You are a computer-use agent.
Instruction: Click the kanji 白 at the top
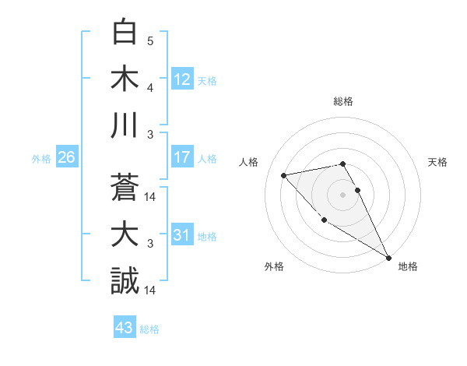(x=125, y=33)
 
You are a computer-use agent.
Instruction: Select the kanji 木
(x=125, y=79)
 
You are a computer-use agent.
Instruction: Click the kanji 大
(x=125, y=234)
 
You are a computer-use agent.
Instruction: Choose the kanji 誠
(x=125, y=280)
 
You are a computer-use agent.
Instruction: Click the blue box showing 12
(x=181, y=79)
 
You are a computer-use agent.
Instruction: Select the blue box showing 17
(x=181, y=157)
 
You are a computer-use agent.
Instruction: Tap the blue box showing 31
(x=181, y=235)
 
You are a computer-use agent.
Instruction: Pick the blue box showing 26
(x=66, y=157)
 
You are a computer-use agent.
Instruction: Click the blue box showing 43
(x=124, y=328)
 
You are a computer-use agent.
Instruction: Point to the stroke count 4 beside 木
(x=150, y=89)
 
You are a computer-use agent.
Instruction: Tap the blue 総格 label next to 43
(x=149, y=329)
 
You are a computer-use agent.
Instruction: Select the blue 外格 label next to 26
(x=41, y=159)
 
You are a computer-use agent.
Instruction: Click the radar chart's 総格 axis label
(x=343, y=101)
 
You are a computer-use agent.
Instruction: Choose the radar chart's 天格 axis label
(x=437, y=162)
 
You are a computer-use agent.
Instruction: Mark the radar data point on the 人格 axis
(x=284, y=175)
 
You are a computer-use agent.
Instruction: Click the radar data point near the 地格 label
(x=389, y=257)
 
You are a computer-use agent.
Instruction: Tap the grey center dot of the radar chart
(x=343, y=194)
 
